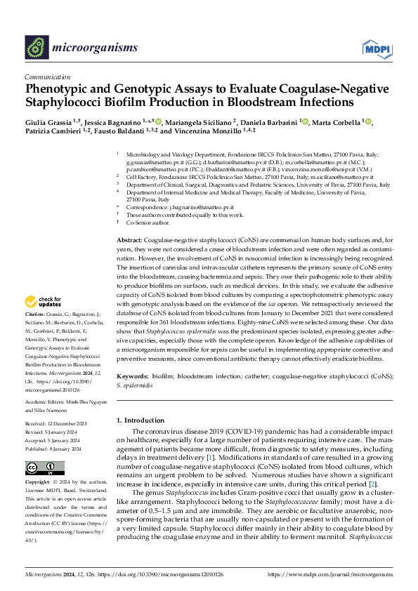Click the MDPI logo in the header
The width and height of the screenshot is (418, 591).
click(377, 48)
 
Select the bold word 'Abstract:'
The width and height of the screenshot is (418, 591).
click(129, 241)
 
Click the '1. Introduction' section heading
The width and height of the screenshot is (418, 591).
click(143, 420)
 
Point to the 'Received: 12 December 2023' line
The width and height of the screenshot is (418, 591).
click(56, 424)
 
